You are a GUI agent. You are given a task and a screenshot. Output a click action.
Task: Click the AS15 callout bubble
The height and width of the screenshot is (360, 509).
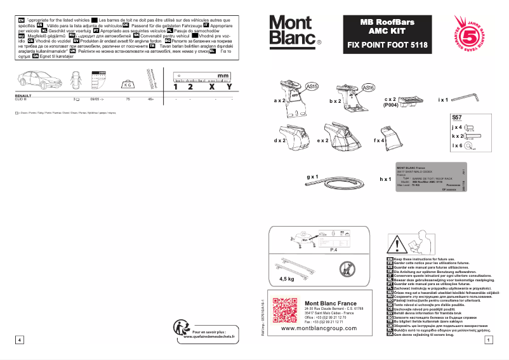coord(312,86)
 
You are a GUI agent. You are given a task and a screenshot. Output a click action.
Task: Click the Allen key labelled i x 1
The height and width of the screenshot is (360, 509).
coord(469,96)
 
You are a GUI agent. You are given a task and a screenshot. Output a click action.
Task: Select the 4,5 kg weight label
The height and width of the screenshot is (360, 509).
coord(288,279)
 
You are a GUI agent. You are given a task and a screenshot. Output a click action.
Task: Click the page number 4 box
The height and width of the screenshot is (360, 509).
coord(20,340)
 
